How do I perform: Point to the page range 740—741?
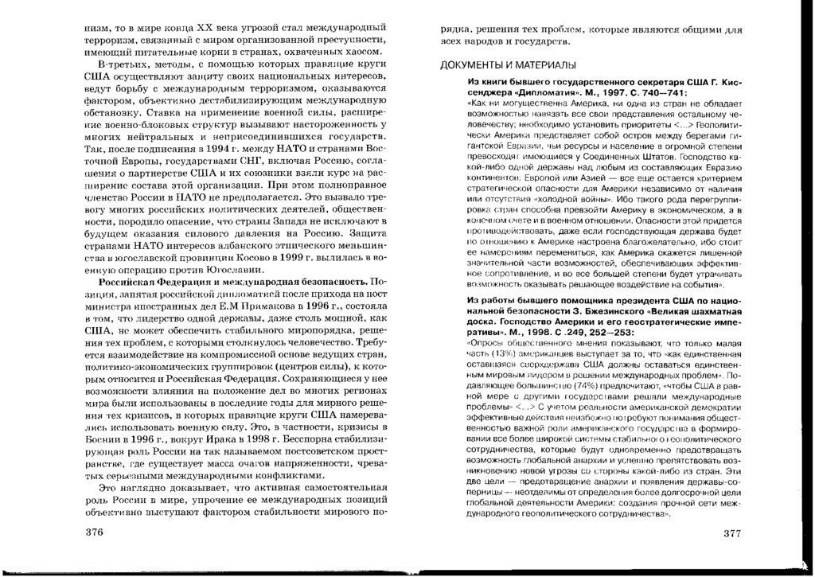coord(665,92)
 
